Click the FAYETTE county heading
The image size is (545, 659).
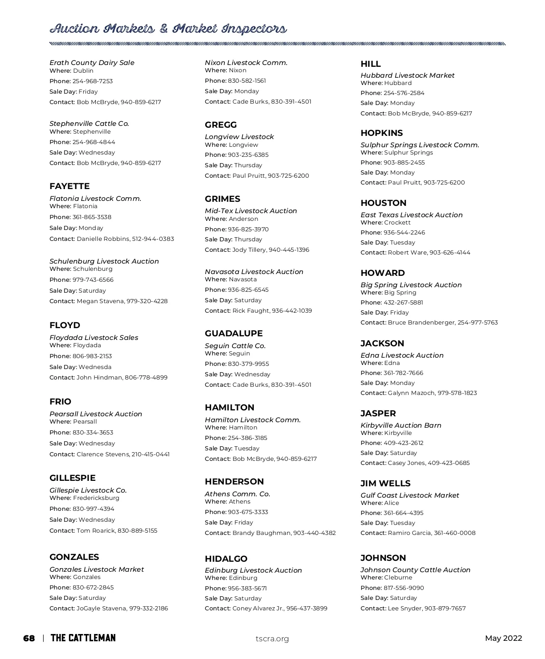click(x=69, y=186)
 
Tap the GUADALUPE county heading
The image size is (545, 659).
click(x=233, y=334)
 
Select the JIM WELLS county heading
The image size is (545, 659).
click(x=385, y=484)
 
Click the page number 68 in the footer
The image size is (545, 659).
click(x=29, y=639)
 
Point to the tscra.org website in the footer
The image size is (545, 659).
click(x=272, y=639)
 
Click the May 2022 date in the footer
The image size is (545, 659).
click(x=503, y=639)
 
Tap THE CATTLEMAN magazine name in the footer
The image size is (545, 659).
click(x=83, y=639)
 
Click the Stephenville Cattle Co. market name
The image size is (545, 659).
click(x=89, y=124)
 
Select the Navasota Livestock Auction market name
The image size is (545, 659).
click(x=254, y=272)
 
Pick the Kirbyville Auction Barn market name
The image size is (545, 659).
click(x=401, y=425)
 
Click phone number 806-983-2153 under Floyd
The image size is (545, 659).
click(x=92, y=356)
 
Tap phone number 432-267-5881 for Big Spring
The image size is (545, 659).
click(x=403, y=303)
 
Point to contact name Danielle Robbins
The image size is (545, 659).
click(x=103, y=239)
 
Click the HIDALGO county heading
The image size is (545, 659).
click(x=226, y=559)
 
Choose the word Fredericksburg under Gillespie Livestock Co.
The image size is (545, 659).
click(x=96, y=498)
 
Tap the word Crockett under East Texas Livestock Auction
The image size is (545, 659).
click(x=397, y=223)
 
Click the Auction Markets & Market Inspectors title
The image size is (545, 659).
click(x=168, y=30)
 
